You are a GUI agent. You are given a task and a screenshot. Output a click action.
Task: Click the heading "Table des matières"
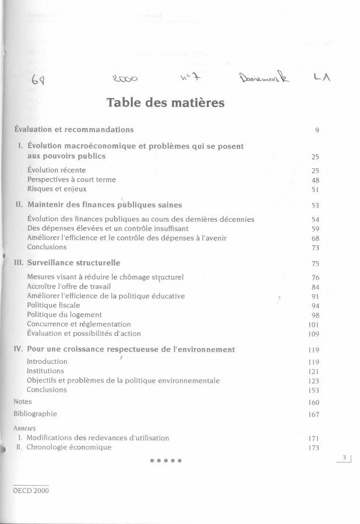point(165,103)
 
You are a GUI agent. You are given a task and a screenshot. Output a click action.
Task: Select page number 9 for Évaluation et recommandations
point(317,130)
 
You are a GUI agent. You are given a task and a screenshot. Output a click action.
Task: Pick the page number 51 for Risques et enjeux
point(315,189)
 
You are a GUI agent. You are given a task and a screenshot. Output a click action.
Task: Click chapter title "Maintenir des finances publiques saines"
point(105,204)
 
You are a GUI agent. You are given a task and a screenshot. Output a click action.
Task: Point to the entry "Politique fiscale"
point(54,305)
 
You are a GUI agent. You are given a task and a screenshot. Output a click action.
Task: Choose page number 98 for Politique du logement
point(315,315)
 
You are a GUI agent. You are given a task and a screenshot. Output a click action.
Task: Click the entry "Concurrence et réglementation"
point(79,324)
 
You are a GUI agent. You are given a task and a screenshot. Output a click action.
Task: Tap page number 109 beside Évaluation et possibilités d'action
point(313,334)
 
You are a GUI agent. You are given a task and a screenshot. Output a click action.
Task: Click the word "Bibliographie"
point(36,413)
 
